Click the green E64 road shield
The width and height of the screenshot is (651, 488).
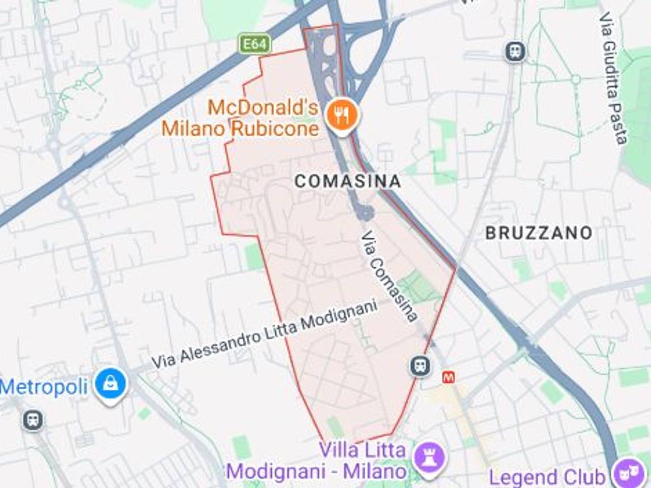point(254,44)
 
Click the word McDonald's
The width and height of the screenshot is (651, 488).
point(263,108)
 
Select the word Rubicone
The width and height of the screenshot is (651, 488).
point(275,128)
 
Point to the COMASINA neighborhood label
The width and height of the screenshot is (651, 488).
point(348,181)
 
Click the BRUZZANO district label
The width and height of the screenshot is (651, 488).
point(539,233)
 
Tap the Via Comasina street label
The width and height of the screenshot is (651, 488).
point(390,277)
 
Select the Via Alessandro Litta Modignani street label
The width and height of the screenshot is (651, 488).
point(265,334)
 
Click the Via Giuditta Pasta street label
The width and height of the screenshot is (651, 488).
point(613,78)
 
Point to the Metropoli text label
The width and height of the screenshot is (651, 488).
point(44,387)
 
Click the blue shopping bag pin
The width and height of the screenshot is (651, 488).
point(110,385)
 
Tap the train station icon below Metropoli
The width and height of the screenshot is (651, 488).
point(33,420)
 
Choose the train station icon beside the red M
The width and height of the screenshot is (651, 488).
point(421,365)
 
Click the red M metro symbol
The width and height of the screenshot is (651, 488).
point(449,377)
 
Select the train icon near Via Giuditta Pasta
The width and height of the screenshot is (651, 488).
point(516,51)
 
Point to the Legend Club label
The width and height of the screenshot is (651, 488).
point(547,477)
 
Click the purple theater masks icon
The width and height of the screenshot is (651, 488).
point(626,474)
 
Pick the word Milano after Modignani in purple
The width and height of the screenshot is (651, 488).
point(374,471)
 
